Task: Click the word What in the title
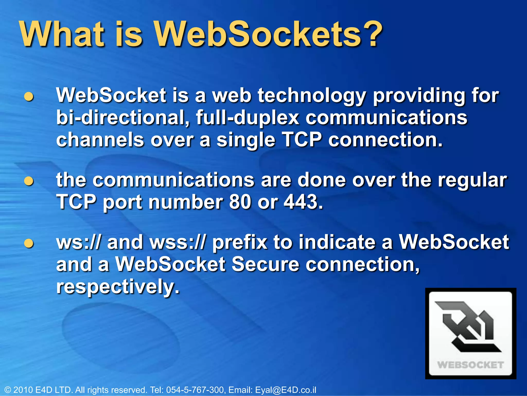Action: [x=62, y=34]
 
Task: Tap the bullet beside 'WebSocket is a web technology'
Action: [x=29, y=97]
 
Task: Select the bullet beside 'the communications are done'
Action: [x=29, y=181]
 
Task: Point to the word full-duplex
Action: [x=247, y=118]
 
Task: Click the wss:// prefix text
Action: [x=178, y=243]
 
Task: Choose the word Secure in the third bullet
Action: [x=265, y=265]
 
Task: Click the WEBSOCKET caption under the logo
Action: [x=470, y=365]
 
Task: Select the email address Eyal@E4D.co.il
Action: [x=285, y=390]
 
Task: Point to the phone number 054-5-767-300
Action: [x=195, y=390]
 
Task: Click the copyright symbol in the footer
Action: [x=8, y=390]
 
